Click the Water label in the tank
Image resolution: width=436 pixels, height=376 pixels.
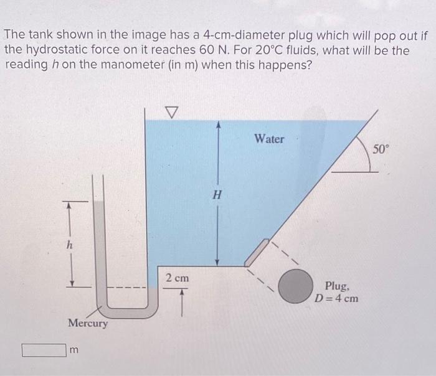tap(268, 139)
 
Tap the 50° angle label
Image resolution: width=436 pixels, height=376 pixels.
tap(381, 149)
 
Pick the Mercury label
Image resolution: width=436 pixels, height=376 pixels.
tap(87, 324)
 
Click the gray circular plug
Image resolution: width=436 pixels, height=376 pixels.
tap(295, 285)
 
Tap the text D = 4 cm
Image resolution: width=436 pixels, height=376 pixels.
tap(337, 298)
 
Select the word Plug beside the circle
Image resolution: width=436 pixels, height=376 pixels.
tap(337, 286)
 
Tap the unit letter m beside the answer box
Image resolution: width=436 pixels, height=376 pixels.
tap(73, 351)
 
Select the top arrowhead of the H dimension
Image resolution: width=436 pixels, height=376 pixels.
tap(217, 125)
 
